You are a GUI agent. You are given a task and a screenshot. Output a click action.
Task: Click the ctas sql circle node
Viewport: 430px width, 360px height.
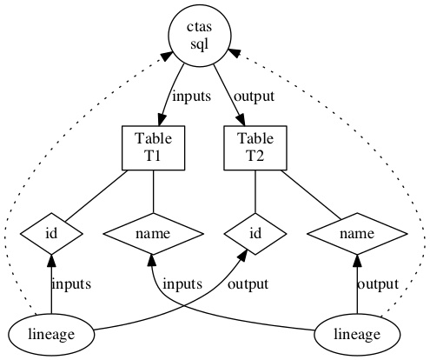(x=200, y=36)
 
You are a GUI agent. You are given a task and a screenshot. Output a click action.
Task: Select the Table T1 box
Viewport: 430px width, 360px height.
(x=154, y=148)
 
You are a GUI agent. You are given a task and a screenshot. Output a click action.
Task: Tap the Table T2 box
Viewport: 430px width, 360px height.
(x=255, y=148)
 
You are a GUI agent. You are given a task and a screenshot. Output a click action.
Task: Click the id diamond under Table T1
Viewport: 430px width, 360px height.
(x=51, y=234)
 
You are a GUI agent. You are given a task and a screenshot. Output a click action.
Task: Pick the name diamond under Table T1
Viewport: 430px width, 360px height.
(x=154, y=234)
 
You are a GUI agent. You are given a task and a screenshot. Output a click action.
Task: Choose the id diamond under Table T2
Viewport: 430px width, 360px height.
(x=255, y=234)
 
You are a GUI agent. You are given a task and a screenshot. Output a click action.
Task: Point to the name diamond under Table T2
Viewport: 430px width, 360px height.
(x=357, y=234)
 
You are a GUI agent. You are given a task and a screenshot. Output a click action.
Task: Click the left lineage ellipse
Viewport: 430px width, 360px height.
(x=51, y=335)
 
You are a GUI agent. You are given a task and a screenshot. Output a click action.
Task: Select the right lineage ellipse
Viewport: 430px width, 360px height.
(x=357, y=335)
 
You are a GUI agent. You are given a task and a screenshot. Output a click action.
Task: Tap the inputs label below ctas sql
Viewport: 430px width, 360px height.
(x=191, y=97)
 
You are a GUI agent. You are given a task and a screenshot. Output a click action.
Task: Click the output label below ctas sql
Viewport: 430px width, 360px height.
(x=254, y=97)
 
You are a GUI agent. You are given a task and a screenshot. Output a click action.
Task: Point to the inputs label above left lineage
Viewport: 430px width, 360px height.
(x=71, y=284)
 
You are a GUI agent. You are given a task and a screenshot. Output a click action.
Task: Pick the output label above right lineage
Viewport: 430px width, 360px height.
(x=378, y=284)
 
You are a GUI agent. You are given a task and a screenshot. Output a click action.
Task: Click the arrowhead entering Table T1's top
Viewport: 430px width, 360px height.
(x=162, y=119)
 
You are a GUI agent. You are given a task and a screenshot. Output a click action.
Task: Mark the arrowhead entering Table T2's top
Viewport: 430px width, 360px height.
(x=241, y=120)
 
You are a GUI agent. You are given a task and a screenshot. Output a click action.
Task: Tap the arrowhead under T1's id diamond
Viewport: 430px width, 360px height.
(x=51, y=261)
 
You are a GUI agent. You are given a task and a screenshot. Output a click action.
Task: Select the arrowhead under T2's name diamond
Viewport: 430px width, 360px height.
(x=357, y=261)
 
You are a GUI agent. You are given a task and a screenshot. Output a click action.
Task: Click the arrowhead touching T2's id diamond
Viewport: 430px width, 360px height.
(x=243, y=255)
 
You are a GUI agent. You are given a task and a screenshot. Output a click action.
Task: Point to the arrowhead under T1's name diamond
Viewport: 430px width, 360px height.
(x=152, y=261)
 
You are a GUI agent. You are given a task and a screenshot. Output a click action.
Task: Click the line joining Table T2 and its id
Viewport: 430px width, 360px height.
(x=255, y=191)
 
